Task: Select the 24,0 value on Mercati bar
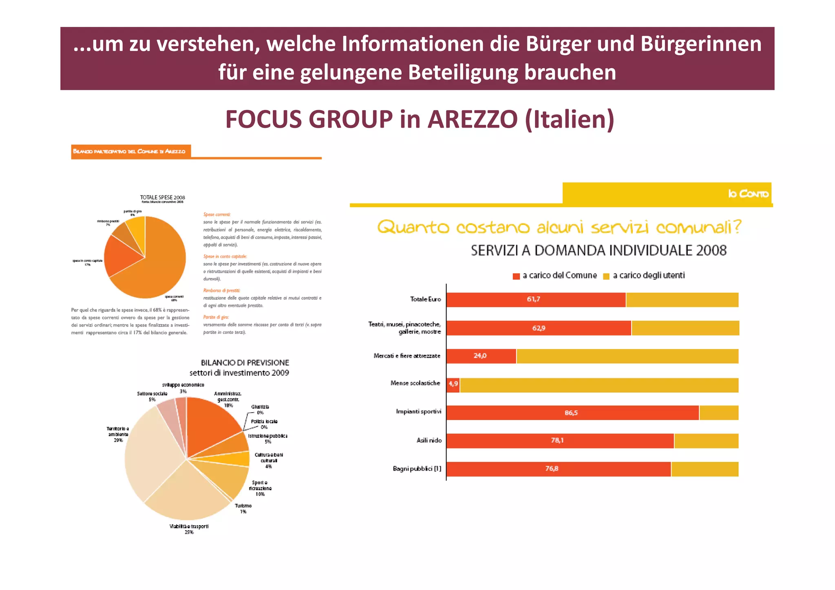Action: [480, 356]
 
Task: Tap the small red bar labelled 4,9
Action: [453, 384]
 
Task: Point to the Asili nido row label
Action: [429, 440]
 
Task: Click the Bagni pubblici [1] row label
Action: [417, 468]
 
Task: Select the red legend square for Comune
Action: [516, 276]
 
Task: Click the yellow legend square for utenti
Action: [606, 276]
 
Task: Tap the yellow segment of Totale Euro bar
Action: [682, 300]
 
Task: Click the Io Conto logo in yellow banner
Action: [748, 193]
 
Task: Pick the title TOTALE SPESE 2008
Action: [162, 197]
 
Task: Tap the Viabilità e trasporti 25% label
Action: [189, 529]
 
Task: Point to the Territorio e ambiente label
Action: [118, 434]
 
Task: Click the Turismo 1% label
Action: [243, 508]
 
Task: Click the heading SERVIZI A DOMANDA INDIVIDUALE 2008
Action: [598, 250]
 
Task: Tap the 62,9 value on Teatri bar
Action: [538, 328]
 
